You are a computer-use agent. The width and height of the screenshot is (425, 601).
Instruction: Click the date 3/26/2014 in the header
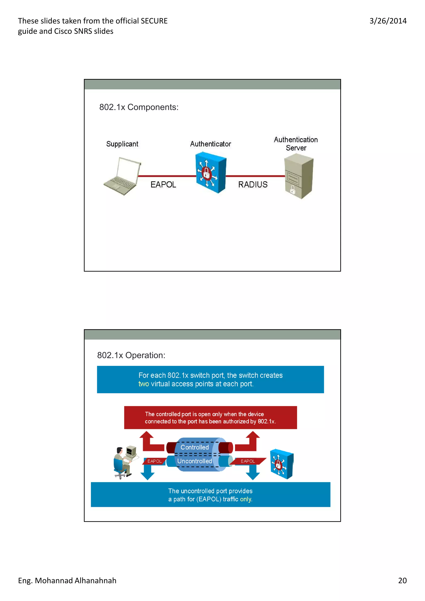coord(388,21)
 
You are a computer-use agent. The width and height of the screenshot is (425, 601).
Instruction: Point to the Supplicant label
coord(122,144)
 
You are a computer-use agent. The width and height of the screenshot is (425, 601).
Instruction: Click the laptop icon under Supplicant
coord(122,176)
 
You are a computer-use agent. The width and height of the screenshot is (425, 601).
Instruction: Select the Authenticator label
coord(211,144)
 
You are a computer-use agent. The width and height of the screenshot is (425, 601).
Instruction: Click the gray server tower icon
coord(299,176)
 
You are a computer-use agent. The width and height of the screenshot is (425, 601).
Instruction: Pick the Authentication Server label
coord(296,144)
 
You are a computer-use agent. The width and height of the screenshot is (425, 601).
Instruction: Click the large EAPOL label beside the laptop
coord(163,185)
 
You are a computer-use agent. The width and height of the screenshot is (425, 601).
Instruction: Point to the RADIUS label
coord(253,185)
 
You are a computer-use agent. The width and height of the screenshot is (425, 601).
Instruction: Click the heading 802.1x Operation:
coord(131,355)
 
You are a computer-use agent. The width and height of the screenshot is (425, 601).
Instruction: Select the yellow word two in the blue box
coord(143,384)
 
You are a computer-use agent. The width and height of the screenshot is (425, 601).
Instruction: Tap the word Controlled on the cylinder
coord(195,447)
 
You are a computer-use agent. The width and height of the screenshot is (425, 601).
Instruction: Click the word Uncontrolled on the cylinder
coord(195,461)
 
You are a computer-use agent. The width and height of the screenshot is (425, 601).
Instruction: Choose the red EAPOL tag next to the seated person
coord(154,461)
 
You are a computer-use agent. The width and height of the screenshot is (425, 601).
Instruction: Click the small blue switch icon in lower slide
coord(282,464)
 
